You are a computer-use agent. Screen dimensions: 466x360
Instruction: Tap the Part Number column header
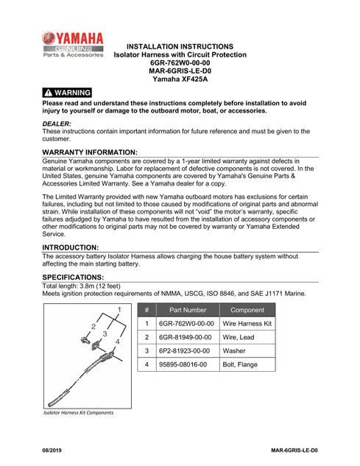click(188, 310)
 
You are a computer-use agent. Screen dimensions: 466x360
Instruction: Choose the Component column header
click(247, 310)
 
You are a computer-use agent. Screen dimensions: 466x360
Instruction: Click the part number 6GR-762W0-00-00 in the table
click(188, 323)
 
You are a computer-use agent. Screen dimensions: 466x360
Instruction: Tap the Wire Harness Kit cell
click(247, 323)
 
